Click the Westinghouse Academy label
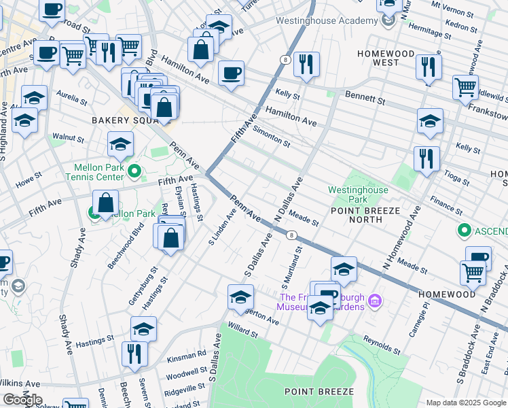click(326, 20)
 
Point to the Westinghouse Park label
click(358, 194)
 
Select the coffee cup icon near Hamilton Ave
click(231, 73)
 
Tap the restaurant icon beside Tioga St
click(427, 159)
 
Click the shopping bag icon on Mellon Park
click(105, 203)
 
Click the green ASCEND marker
click(465, 231)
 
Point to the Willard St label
click(242, 333)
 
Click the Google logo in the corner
click(22, 399)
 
